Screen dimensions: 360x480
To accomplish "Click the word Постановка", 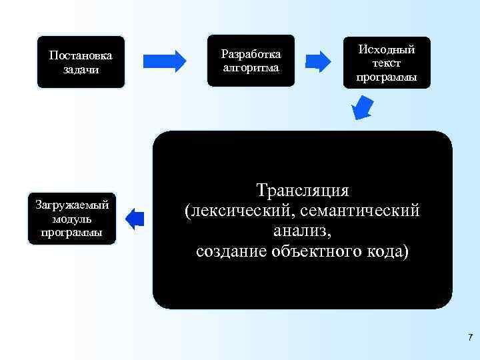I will click(81, 56).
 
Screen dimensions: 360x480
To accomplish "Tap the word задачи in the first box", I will click(81, 70).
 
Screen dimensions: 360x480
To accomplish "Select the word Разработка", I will click(251, 54).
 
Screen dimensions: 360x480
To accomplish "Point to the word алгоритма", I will click(251, 67).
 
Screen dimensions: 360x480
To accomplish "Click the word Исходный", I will click(387, 50).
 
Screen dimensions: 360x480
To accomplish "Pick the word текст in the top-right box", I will click(387, 63).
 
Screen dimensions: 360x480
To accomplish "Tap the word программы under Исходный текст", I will click(387, 77).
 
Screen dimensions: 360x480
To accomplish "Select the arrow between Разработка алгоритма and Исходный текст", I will click(323, 61).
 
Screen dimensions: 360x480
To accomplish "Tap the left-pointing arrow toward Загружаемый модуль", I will click(135, 219).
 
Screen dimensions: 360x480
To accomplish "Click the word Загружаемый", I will click(72, 205).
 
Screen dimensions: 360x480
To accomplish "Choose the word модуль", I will click(71, 219).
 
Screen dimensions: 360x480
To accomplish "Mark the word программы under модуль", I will click(71, 232).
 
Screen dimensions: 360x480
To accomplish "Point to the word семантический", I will click(361, 211).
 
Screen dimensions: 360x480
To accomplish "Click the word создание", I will click(232, 251).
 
